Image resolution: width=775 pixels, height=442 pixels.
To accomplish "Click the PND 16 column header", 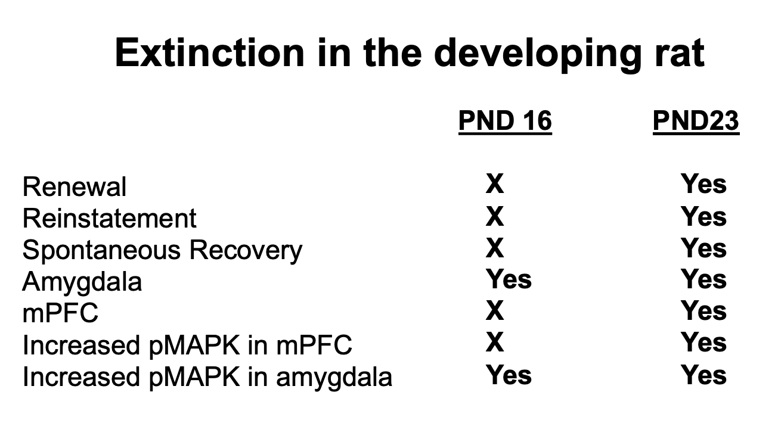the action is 505,120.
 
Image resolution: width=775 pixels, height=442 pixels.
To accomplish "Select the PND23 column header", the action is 696,120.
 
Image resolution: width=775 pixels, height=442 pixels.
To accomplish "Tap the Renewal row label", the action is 75,186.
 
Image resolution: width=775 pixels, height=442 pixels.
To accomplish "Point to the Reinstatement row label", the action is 109,219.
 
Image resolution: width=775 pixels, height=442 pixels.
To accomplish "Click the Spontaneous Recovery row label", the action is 163,250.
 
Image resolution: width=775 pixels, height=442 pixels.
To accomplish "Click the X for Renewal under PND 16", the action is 495,184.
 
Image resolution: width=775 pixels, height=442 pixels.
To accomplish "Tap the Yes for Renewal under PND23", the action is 703,184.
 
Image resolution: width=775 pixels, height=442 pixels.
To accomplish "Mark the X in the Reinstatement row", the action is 495,216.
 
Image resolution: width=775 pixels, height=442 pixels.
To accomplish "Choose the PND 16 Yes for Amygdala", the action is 509,279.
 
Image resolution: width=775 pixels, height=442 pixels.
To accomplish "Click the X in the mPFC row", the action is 495,311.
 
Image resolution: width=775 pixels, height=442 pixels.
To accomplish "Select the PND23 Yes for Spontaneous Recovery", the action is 703,248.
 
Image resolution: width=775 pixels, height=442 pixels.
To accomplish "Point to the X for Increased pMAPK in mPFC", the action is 495,343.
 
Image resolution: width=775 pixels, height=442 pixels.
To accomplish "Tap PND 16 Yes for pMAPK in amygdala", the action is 509,375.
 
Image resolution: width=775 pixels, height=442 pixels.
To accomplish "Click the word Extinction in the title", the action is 210,53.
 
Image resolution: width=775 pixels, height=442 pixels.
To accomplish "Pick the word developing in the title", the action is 538,55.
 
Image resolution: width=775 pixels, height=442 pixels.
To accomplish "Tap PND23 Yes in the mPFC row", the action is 703,311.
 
